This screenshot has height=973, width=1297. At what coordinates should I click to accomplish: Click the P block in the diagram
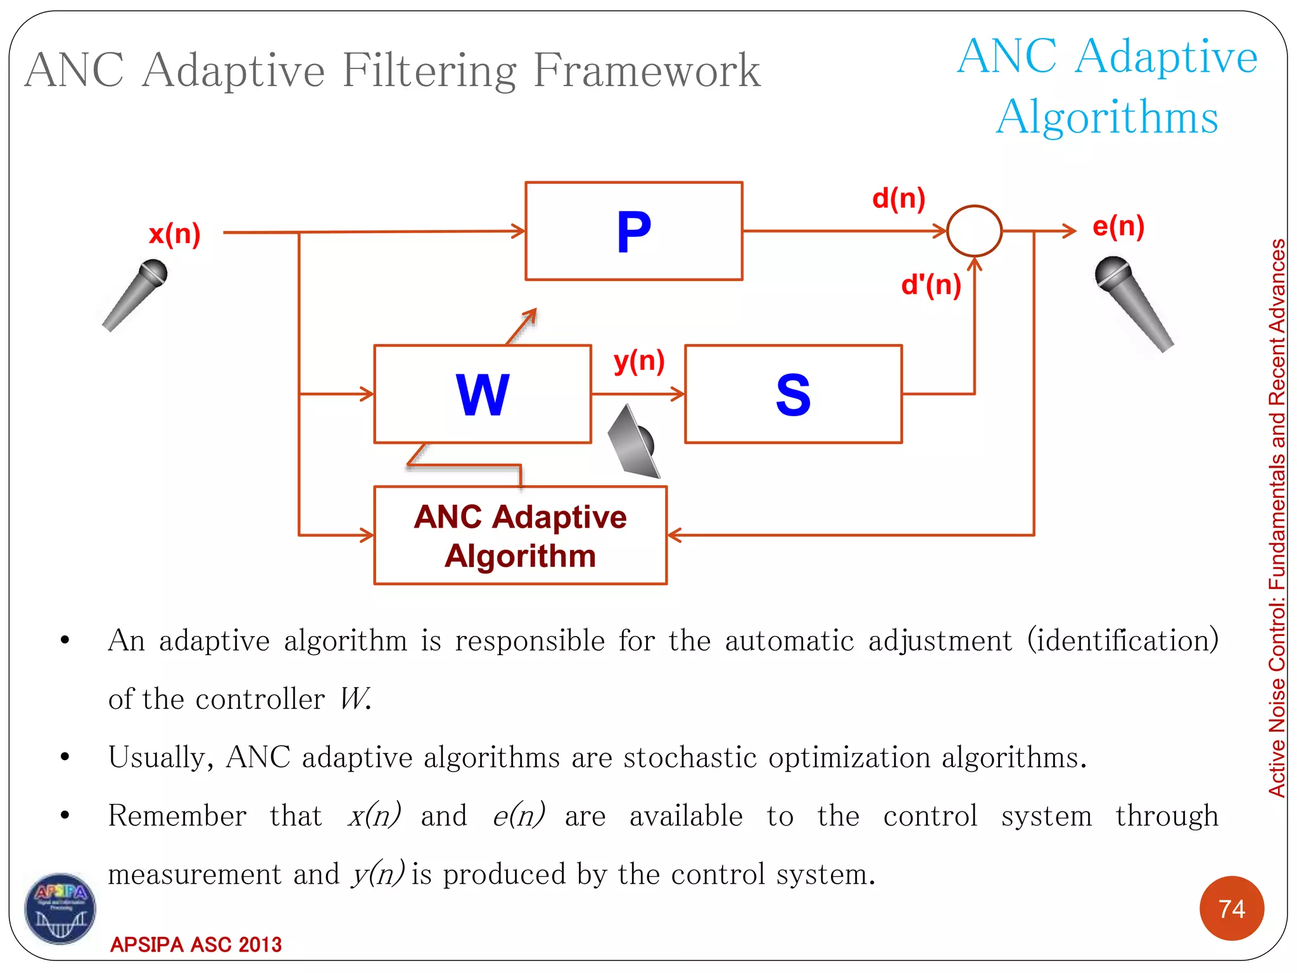point(633,231)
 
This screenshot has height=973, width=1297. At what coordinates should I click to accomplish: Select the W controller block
point(483,394)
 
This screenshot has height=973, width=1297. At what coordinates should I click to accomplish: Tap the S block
point(793,394)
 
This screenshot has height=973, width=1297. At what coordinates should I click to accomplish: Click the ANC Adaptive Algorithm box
point(520,535)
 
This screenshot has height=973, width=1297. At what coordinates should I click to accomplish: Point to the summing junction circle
point(974,231)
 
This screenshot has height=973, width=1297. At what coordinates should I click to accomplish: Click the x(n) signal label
point(175,234)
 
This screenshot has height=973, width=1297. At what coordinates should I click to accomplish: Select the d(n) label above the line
point(899,199)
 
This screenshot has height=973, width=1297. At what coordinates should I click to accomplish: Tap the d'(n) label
point(931,285)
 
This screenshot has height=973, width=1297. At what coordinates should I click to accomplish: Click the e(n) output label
point(1118,226)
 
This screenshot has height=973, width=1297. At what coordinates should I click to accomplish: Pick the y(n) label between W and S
point(639,361)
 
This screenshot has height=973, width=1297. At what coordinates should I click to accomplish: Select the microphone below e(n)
point(1134,302)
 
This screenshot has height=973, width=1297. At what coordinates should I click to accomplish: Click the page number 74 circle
point(1231,908)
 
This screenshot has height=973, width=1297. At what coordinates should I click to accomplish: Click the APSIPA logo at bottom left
point(60,909)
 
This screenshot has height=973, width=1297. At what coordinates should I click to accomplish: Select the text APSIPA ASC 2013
point(196,944)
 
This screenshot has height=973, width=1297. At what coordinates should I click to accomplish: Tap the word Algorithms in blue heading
point(1107,117)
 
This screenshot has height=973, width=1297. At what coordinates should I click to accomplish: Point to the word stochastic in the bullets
point(690,758)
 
